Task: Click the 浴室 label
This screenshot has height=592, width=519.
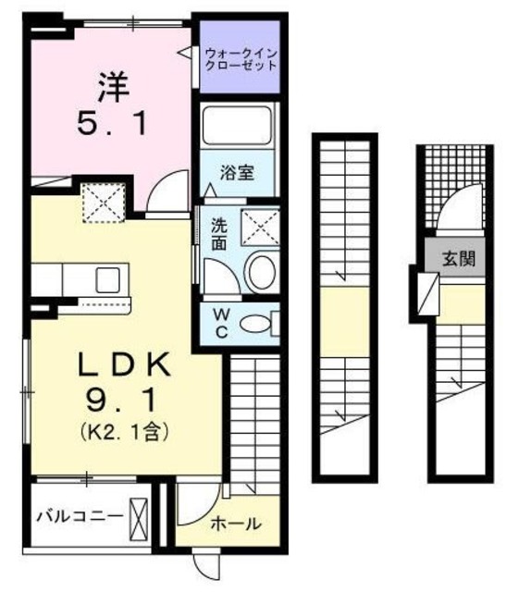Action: click(x=238, y=173)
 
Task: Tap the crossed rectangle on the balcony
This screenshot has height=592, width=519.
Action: click(x=139, y=516)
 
